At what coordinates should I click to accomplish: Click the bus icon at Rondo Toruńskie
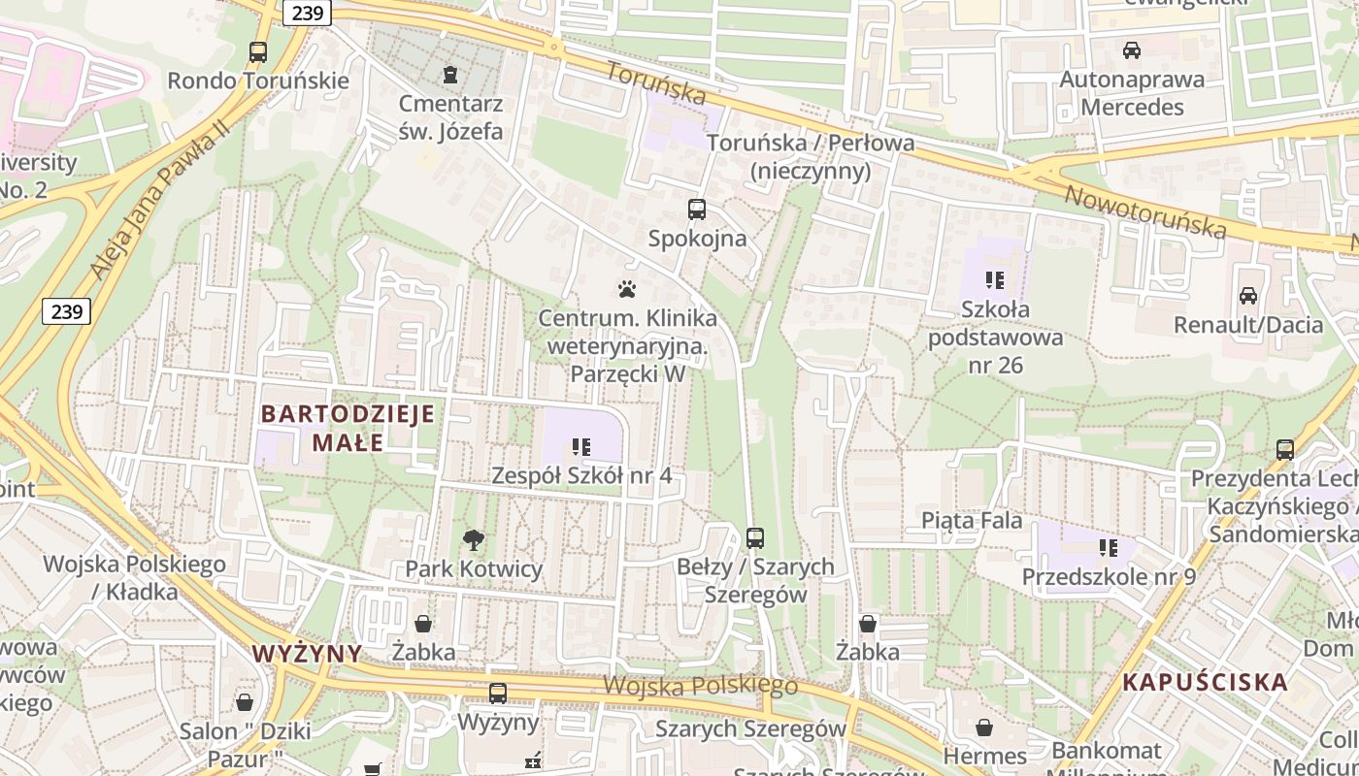[x=258, y=52]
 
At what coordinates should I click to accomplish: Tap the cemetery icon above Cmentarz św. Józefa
[x=449, y=74]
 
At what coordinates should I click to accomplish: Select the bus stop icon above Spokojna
[x=697, y=209]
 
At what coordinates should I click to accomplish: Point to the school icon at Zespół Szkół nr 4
[x=581, y=447]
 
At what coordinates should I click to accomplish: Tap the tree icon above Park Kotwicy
[x=473, y=540]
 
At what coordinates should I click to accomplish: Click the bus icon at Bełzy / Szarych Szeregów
[x=755, y=537]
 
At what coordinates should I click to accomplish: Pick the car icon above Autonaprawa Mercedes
[x=1132, y=49]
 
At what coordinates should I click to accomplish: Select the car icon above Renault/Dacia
[x=1248, y=296]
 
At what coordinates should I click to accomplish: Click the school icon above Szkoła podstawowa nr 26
[x=995, y=280]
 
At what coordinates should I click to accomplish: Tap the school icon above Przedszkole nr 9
[x=1109, y=548]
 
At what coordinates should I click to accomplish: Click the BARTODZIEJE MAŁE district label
[x=348, y=429]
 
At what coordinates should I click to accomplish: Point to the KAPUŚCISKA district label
[x=1205, y=682]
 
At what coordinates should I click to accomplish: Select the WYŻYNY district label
[x=307, y=653]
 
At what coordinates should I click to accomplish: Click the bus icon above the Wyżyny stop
[x=498, y=694]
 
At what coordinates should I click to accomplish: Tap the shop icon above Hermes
[x=984, y=727]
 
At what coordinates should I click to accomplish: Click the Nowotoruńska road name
[x=1145, y=211]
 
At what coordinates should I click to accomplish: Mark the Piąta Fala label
[x=972, y=521]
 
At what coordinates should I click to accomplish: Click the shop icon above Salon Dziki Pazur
[x=245, y=701]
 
